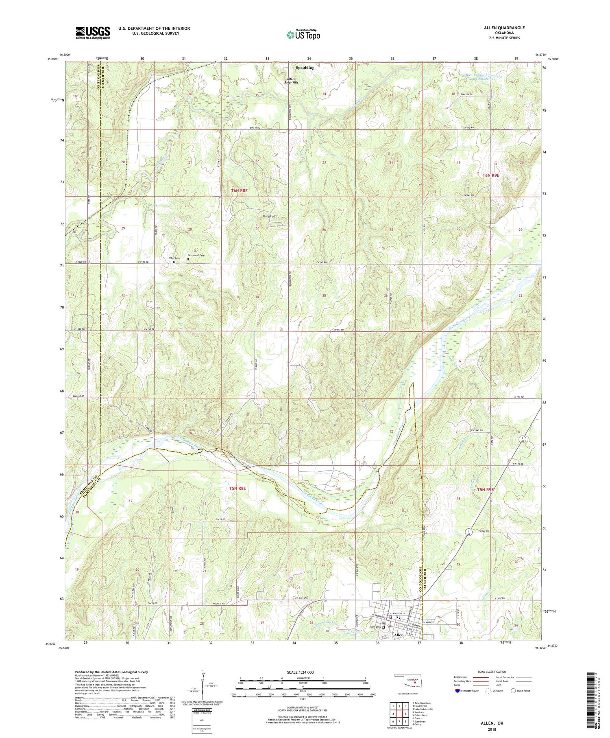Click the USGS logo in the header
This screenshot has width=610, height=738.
[93, 33]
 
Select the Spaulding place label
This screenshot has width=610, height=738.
[305, 68]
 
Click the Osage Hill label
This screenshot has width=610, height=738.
[269, 217]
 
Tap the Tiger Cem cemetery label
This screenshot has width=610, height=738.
[174, 258]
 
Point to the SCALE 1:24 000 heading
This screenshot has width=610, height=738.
[303, 672]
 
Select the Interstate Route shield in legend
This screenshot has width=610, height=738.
[457, 691]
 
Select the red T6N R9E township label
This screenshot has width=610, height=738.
[490, 175]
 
